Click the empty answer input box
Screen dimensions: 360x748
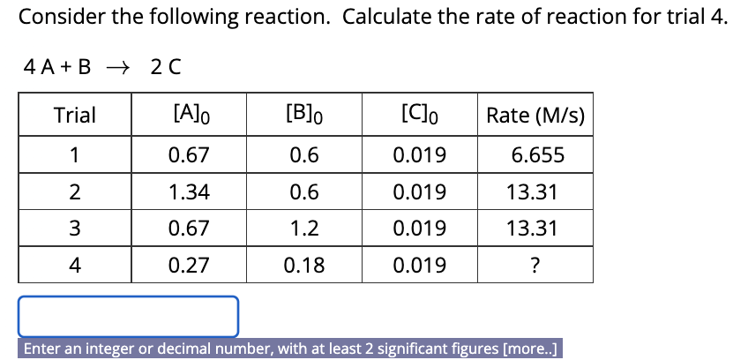coord(129,316)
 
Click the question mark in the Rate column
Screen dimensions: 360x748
coord(535,266)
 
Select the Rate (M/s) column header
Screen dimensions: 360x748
coord(535,116)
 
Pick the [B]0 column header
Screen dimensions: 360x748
coord(304,116)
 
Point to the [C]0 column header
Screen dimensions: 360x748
coord(419,116)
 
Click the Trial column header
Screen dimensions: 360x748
coord(75,116)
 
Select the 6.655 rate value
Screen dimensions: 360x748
coord(535,156)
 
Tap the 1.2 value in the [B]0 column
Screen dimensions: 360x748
coord(304,229)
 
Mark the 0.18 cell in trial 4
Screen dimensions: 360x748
coord(304,266)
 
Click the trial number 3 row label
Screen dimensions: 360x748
coord(75,229)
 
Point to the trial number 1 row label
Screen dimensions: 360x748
coord(75,156)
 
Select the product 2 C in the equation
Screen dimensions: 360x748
coord(165,66)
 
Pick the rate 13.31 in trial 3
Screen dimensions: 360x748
coord(535,229)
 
